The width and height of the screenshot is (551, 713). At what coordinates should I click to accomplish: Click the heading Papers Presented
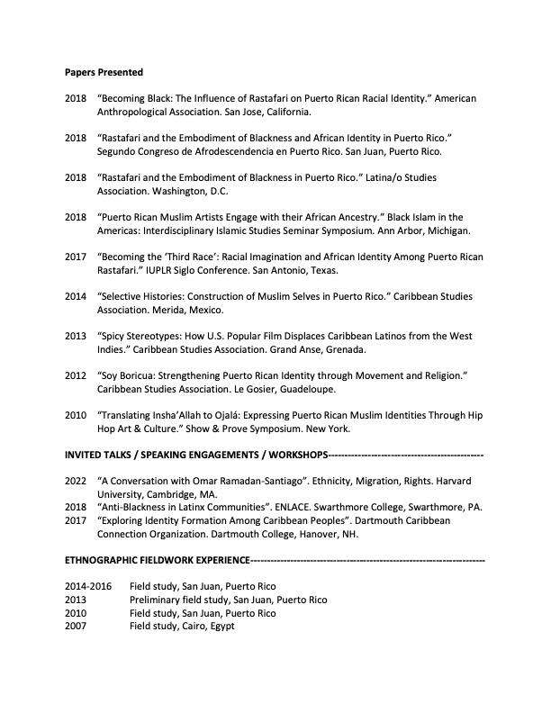click(x=104, y=72)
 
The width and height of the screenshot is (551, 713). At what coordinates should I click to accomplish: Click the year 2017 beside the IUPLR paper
click(x=76, y=257)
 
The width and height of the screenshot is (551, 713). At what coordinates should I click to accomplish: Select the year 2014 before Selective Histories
click(x=76, y=296)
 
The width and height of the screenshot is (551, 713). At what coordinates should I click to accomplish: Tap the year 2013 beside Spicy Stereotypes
click(x=76, y=336)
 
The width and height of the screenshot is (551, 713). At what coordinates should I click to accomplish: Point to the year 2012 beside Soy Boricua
click(x=76, y=375)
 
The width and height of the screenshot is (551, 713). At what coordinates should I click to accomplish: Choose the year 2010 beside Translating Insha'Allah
click(x=76, y=415)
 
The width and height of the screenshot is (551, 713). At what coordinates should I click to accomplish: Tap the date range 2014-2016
click(x=88, y=586)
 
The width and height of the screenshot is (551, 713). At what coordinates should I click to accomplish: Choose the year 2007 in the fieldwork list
click(x=76, y=626)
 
